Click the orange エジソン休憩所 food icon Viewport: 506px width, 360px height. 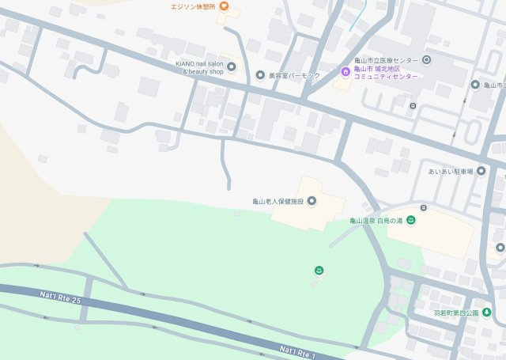pyautogui.click(x=224, y=7)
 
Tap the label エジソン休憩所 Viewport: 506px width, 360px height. pyautogui.click(x=194, y=7)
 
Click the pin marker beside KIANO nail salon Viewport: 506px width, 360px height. pyautogui.click(x=232, y=66)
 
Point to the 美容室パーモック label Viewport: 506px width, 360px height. pyautogui.click(x=293, y=75)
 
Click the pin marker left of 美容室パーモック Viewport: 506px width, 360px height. pyautogui.click(x=260, y=75)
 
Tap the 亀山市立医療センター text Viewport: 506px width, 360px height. pyautogui.click(x=387, y=60)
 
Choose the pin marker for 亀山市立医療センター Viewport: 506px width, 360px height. pyautogui.click(x=426, y=60)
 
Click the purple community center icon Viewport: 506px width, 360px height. pyautogui.click(x=346, y=73)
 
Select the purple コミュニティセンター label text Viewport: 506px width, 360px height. pyautogui.click(x=387, y=77)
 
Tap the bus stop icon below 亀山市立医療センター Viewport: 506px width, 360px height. pyautogui.click(x=413, y=105)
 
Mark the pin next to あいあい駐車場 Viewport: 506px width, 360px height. pyautogui.click(x=480, y=171)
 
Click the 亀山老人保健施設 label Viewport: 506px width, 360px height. pyautogui.click(x=278, y=201)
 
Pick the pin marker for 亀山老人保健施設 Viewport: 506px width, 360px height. pyautogui.click(x=311, y=201)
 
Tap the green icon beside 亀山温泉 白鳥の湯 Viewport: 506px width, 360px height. pyautogui.click(x=412, y=220)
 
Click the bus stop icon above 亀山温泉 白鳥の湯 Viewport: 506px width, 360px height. pyautogui.click(x=424, y=208)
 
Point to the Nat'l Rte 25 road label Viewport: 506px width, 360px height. pyautogui.click(x=60, y=297)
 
